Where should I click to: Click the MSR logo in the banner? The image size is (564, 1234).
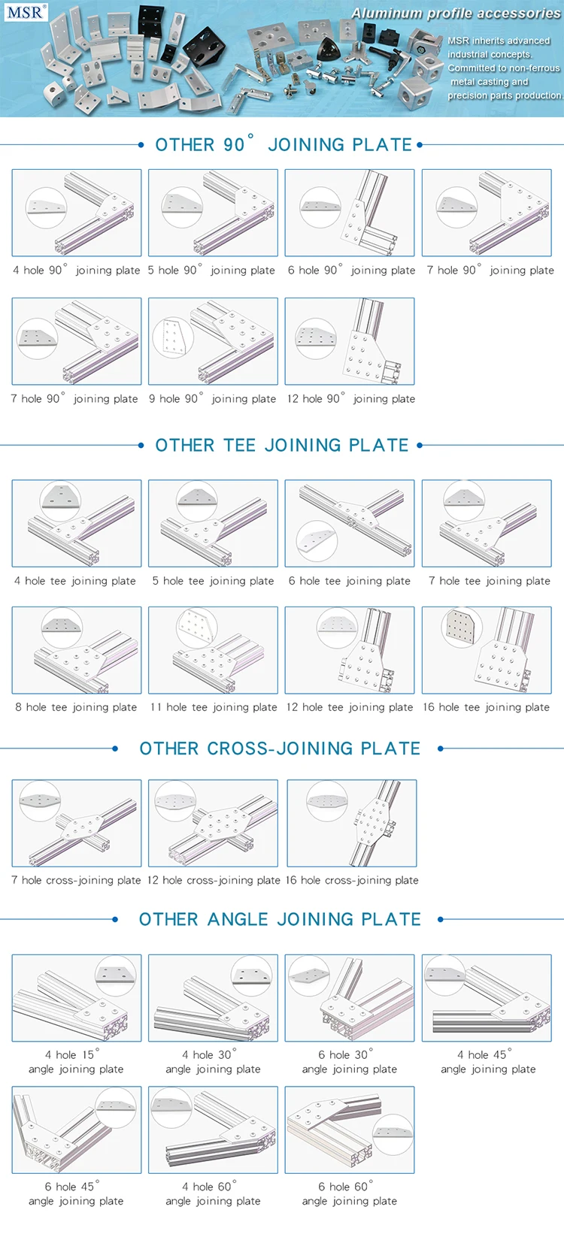26,11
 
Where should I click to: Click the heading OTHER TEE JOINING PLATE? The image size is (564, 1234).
282,445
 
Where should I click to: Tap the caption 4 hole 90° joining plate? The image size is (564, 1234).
77,270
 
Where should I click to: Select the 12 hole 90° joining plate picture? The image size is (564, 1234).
350,341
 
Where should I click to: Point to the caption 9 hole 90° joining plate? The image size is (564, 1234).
212,398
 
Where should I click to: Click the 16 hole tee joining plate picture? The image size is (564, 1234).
487,650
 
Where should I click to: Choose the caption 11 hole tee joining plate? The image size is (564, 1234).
214,706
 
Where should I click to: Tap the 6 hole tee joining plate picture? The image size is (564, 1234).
350,523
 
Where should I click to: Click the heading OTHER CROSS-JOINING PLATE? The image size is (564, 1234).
280,748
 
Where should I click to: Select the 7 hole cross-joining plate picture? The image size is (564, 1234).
77,823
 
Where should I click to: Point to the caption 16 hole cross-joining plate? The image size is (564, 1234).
352,880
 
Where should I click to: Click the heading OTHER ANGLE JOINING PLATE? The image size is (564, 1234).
280,919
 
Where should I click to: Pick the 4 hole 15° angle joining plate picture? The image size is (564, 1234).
77,998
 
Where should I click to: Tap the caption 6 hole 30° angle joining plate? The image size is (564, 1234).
350,1062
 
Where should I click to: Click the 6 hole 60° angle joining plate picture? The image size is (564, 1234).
350,1130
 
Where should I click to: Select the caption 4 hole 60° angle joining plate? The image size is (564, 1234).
213,1193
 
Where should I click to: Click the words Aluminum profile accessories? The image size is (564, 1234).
456,14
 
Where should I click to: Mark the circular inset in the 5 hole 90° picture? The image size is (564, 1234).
182,207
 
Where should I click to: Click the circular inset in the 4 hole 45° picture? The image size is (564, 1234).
444,975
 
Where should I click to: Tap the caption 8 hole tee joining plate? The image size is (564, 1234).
76,706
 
